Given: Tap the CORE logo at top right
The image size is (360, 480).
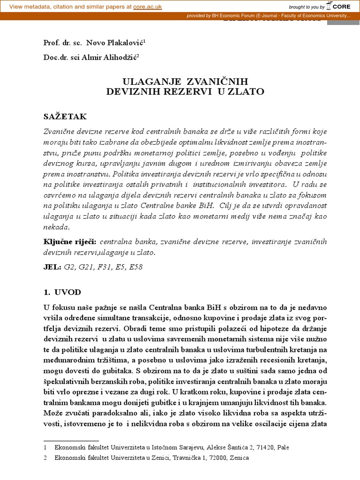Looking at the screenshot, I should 343,7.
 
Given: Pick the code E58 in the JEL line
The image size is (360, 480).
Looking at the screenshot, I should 135,267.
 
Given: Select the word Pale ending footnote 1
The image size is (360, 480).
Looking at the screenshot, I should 284,448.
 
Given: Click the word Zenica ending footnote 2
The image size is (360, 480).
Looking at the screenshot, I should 240,457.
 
